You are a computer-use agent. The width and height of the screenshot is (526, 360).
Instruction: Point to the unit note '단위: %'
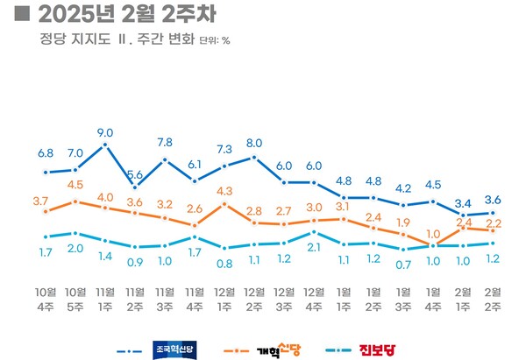point(215,40)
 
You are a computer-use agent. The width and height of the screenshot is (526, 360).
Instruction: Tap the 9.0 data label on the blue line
point(105,133)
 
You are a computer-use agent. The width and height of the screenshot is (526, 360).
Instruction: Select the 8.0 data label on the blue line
point(254,143)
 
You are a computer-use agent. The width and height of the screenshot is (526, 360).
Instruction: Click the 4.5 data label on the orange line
point(75,185)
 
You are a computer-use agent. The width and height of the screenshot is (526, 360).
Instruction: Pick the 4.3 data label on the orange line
point(224,190)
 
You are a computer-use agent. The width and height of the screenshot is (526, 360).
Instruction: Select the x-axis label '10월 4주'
point(46,297)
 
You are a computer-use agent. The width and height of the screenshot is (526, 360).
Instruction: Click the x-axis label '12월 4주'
point(314,297)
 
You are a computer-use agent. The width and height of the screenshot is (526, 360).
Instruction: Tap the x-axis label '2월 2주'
point(493,297)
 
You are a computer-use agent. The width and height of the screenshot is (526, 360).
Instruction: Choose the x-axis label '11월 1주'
point(105,297)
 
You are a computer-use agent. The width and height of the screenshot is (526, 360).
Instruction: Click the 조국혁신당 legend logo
point(174,350)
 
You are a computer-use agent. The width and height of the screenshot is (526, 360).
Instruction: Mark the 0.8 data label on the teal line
point(224,263)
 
